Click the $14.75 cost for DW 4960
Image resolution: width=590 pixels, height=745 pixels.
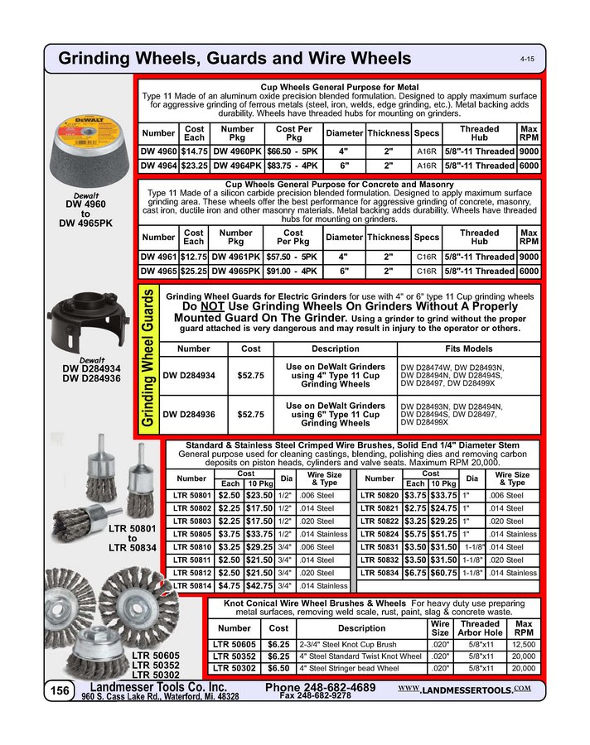(x=194, y=151)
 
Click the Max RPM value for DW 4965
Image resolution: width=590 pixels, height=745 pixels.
(x=529, y=271)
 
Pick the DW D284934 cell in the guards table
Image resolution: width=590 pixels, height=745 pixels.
(x=190, y=376)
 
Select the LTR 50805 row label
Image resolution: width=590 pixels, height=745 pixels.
(x=191, y=535)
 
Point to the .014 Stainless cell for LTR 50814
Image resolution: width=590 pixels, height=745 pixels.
(x=326, y=586)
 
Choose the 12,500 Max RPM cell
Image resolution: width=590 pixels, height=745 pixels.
(x=524, y=643)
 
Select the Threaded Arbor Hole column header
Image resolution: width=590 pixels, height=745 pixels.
(x=479, y=628)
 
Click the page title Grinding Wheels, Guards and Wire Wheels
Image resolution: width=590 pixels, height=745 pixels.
(x=235, y=58)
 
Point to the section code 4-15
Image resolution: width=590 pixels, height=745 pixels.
(x=527, y=60)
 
